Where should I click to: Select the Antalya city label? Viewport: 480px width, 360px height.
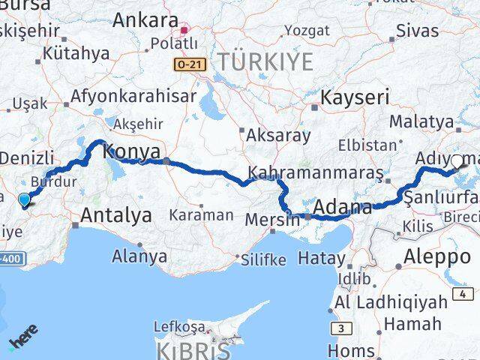tap(116, 215)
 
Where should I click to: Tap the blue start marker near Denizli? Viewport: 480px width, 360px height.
tap(24, 199)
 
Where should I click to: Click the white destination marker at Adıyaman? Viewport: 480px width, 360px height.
tap(457, 160)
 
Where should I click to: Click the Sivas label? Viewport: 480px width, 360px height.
tap(416, 31)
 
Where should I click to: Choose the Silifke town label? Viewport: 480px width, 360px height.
tap(263, 259)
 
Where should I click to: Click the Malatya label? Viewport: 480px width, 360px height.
tap(426, 121)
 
